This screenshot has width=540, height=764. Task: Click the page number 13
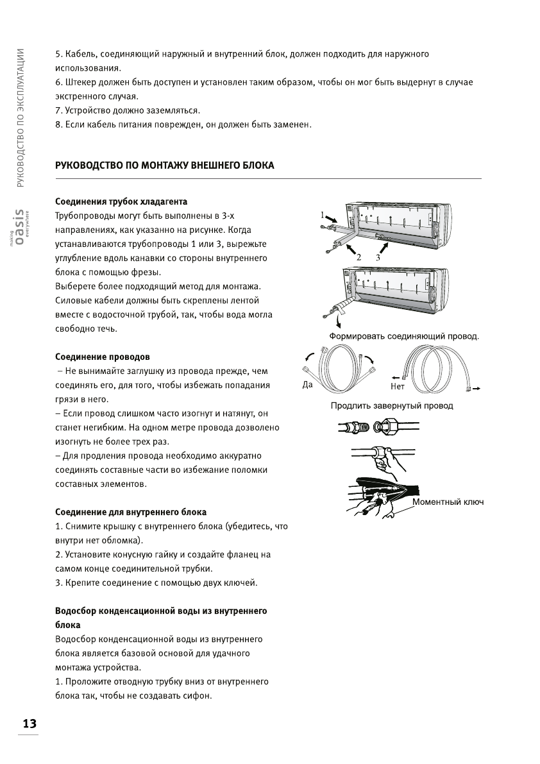(x=29, y=723)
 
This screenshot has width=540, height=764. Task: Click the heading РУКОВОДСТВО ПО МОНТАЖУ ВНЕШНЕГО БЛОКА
(x=165, y=166)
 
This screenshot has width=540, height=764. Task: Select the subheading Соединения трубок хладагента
(x=121, y=202)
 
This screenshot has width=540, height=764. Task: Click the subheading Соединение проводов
(x=103, y=357)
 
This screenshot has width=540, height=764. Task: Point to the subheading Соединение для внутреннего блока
(x=131, y=513)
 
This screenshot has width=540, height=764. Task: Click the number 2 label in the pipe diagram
(x=359, y=257)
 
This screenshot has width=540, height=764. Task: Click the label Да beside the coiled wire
(x=308, y=386)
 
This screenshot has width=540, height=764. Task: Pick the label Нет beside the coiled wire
(x=398, y=386)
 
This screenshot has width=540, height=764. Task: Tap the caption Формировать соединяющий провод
(x=404, y=335)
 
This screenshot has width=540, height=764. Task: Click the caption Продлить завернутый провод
(x=392, y=405)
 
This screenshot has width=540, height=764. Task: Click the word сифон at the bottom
(x=196, y=696)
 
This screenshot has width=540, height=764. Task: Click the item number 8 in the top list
(x=58, y=124)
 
